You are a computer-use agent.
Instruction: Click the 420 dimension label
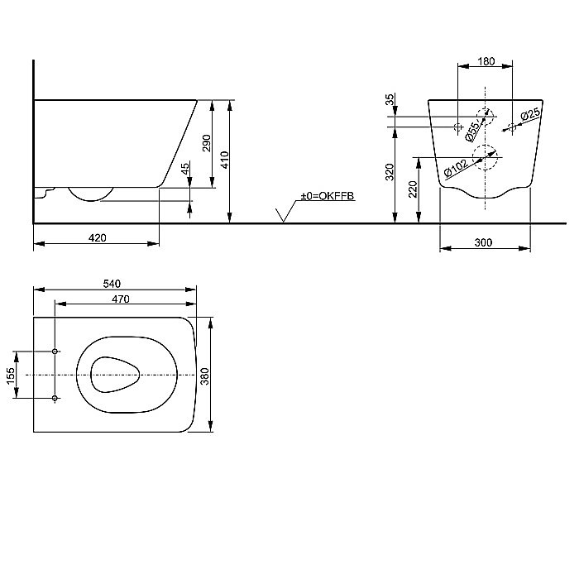(98, 238)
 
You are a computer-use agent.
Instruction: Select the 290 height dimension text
(207, 143)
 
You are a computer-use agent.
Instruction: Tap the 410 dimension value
(224, 160)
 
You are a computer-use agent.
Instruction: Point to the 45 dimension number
(185, 168)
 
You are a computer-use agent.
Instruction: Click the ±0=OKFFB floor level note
(328, 196)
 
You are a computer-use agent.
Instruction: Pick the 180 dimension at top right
(486, 61)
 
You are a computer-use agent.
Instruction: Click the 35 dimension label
(390, 99)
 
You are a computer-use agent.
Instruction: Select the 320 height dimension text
(390, 172)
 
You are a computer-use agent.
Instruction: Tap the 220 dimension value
(413, 189)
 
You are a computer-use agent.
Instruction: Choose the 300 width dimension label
(483, 242)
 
